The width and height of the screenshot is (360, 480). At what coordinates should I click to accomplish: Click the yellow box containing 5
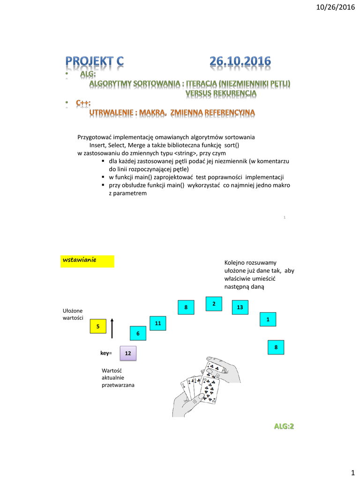[x=98, y=327]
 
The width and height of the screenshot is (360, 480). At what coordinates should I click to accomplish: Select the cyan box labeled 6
[x=138, y=333]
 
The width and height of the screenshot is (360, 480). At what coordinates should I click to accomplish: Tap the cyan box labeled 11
[x=157, y=323]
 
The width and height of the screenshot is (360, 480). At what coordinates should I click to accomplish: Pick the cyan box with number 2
[x=214, y=304]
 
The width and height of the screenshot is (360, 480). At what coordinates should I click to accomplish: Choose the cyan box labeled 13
[x=240, y=307]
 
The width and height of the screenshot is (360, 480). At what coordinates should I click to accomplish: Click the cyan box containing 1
[x=268, y=319]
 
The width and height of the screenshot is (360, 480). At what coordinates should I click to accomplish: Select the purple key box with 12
[x=128, y=353]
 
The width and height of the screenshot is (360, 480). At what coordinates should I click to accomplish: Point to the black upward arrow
[x=112, y=328]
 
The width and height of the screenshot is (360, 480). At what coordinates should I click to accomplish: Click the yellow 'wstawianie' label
[x=87, y=261]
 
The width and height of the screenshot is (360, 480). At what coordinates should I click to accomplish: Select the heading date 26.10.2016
[x=240, y=61]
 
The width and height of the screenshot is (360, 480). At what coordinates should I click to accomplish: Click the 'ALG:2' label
[x=285, y=426]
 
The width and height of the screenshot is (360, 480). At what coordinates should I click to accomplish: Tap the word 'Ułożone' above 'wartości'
[x=73, y=311]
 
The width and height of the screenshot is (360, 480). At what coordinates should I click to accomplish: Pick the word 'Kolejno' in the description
[x=235, y=262]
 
